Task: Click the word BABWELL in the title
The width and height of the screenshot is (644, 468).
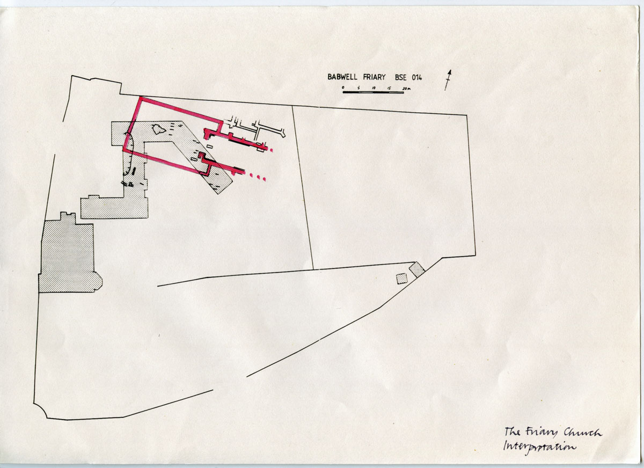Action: [342, 77]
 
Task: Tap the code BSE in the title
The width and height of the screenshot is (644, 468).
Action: [401, 77]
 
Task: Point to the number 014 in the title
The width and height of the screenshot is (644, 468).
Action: [416, 77]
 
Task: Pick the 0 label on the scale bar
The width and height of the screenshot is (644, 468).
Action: [343, 87]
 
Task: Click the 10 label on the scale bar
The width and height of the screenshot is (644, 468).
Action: [374, 87]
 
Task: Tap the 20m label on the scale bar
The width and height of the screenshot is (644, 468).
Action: [407, 89]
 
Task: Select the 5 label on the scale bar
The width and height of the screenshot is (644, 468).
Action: [358, 87]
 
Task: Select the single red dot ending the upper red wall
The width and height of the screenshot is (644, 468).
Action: [272, 150]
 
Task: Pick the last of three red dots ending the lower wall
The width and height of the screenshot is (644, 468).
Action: [265, 180]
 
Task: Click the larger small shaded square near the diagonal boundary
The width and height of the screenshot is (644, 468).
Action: [417, 269]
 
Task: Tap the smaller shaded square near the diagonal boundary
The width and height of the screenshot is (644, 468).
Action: [401, 279]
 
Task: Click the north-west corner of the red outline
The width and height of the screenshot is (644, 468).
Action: [141, 98]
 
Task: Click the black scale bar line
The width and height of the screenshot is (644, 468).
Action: [373, 92]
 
